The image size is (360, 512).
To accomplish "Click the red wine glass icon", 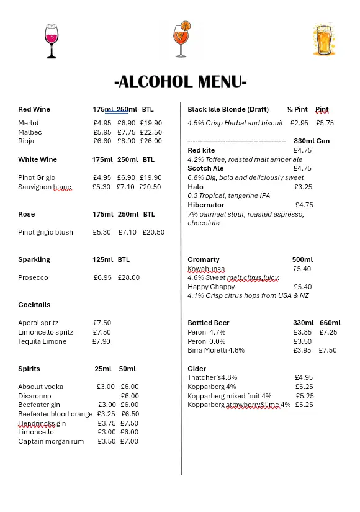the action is pyautogui.click(x=52, y=41).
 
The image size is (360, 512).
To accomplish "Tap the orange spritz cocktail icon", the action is pyautogui.click(x=182, y=39).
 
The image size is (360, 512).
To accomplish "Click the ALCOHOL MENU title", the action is pyautogui.click(x=181, y=82).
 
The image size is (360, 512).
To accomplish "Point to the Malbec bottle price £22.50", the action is pyautogui.click(x=151, y=132).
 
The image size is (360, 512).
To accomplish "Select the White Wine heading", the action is pyautogui.click(x=37, y=159).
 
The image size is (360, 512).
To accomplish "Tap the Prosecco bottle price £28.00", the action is pyautogui.click(x=128, y=277).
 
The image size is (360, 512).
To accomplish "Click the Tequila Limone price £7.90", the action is pyautogui.click(x=102, y=341).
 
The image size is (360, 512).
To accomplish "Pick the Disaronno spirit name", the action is pyautogui.click(x=35, y=396).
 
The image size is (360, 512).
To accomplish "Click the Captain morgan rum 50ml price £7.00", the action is pyautogui.click(x=129, y=441).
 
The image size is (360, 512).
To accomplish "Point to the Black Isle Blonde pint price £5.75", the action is pyautogui.click(x=325, y=123).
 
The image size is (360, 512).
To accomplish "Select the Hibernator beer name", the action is pyautogui.click(x=206, y=205).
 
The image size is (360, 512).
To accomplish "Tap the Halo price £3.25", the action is pyautogui.click(x=304, y=187).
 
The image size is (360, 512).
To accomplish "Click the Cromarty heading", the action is pyautogui.click(x=204, y=259).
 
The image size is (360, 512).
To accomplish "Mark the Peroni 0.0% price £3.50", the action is pyautogui.click(x=302, y=341).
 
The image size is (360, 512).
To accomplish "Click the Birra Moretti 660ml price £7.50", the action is pyautogui.click(x=328, y=350).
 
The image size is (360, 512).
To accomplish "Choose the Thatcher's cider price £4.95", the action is pyautogui.click(x=304, y=377).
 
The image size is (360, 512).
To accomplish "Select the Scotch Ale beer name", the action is pyautogui.click(x=205, y=168).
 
